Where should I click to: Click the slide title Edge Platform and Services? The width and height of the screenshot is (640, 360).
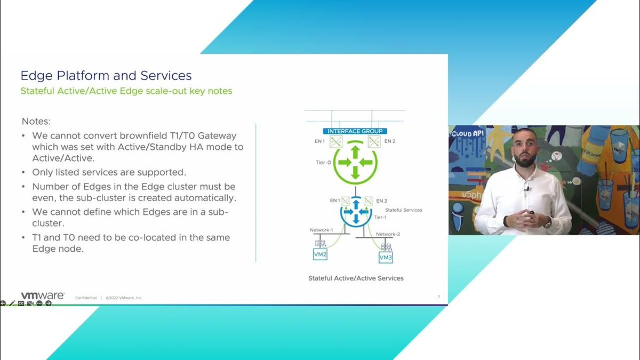(x=106, y=75)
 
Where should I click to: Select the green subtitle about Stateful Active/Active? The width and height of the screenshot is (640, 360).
(x=126, y=91)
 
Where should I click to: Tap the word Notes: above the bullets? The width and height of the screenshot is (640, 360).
(x=36, y=122)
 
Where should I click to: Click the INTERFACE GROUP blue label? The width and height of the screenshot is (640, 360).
(x=355, y=131)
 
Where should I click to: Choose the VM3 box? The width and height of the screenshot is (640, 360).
(x=386, y=258)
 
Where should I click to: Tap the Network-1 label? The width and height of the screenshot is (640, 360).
(x=321, y=230)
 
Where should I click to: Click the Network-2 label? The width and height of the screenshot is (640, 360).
(x=388, y=234)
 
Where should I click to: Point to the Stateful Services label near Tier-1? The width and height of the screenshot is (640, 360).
(x=403, y=210)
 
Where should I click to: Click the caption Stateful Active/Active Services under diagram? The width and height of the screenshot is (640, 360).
(x=356, y=278)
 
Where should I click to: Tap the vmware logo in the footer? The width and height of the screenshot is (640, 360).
(x=43, y=295)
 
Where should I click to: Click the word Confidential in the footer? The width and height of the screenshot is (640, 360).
(x=86, y=298)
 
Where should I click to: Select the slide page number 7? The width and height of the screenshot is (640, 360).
(x=438, y=297)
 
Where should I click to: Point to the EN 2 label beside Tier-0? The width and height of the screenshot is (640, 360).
(x=389, y=141)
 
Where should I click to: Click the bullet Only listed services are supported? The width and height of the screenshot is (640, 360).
(x=108, y=173)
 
